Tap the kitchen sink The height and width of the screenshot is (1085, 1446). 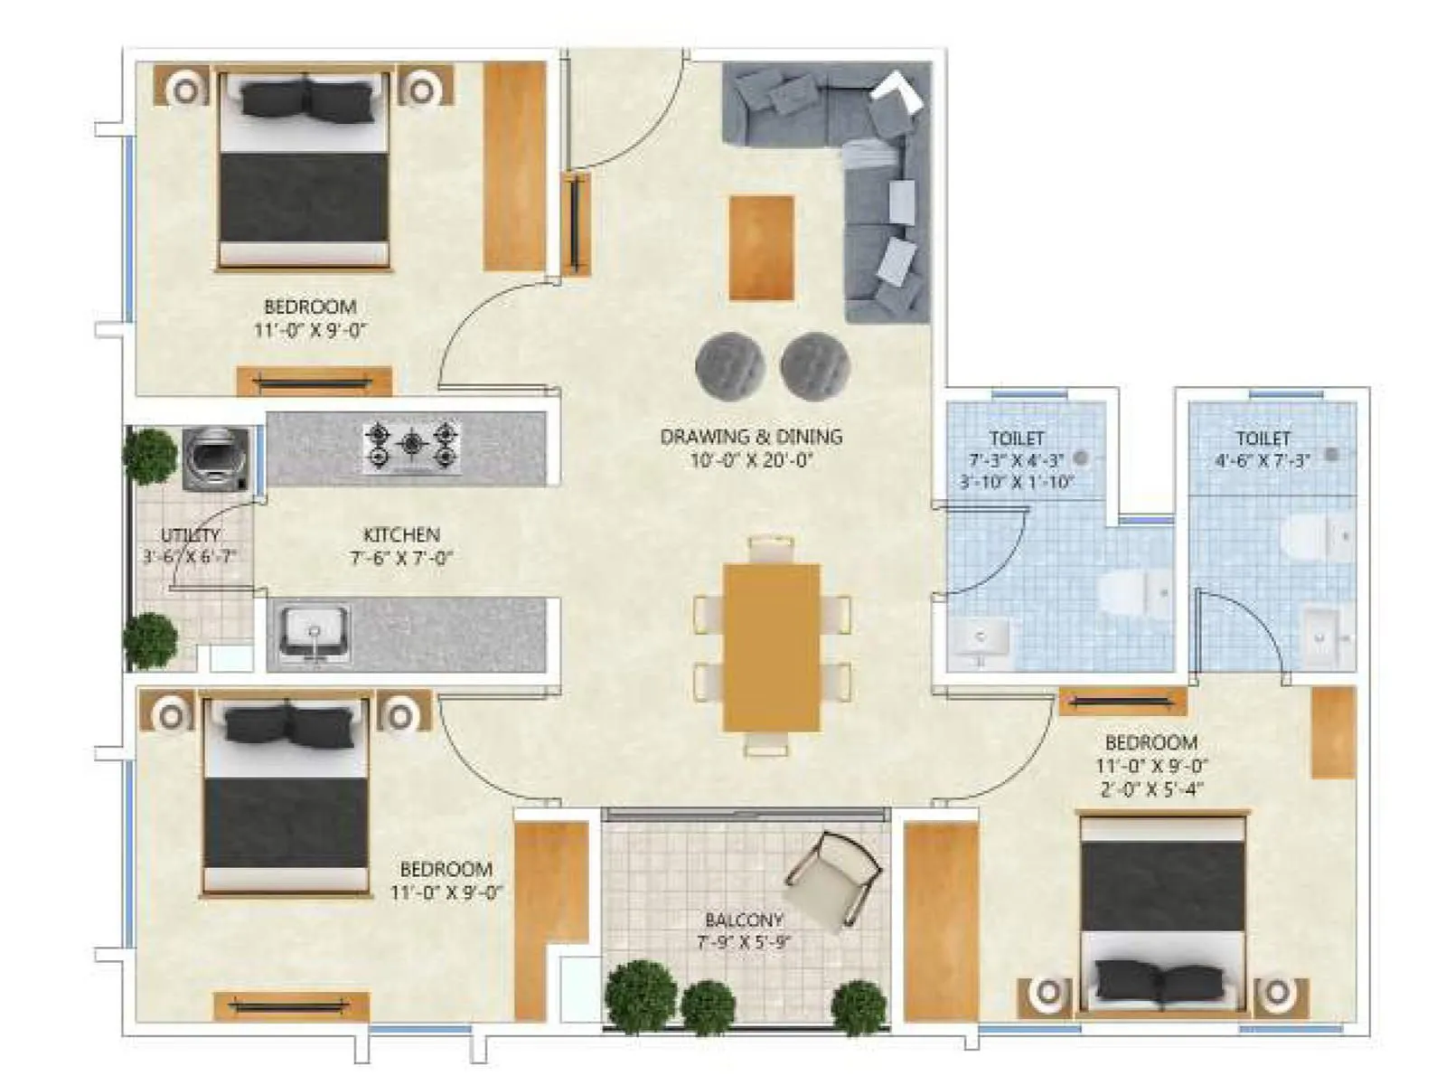(x=314, y=635)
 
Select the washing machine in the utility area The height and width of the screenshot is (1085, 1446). (x=215, y=459)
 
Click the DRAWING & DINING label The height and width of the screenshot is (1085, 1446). (x=751, y=437)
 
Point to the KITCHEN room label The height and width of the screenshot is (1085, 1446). (x=401, y=534)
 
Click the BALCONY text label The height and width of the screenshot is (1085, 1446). (x=744, y=920)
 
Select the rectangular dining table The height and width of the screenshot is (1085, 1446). (x=771, y=647)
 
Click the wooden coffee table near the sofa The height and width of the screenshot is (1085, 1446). (x=761, y=248)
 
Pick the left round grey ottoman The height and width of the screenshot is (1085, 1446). (x=729, y=364)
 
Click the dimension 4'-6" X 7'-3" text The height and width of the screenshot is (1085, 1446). (x=1263, y=460)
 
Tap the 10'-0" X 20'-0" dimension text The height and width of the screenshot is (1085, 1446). (x=751, y=460)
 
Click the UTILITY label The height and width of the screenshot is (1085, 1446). (x=190, y=535)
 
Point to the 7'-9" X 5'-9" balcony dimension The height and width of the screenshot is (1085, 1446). (x=744, y=942)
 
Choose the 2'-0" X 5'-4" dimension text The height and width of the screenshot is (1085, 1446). (x=1151, y=789)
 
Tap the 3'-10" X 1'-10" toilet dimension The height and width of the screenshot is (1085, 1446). (x=1017, y=483)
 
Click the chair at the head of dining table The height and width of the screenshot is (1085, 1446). (x=771, y=548)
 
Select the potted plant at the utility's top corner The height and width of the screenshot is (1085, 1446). (x=150, y=456)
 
